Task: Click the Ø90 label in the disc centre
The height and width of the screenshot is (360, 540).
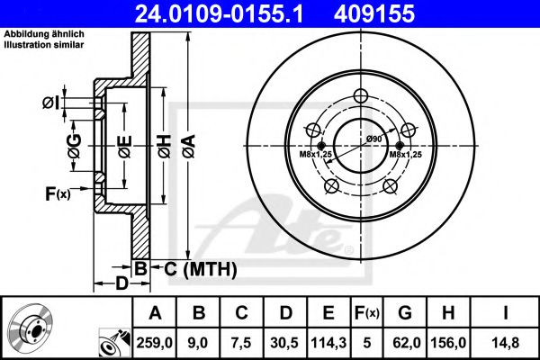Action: click(x=373, y=138)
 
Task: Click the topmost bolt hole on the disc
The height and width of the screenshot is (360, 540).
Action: click(x=362, y=98)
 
